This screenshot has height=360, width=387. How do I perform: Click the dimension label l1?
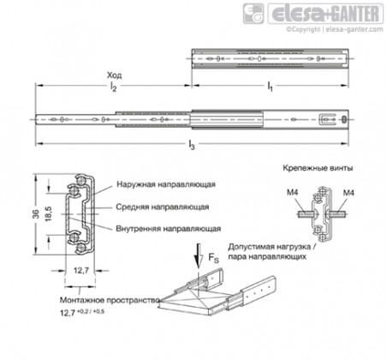[270, 86]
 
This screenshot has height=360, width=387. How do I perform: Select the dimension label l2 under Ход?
[113, 87]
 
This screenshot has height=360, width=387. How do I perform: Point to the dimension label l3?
[192, 145]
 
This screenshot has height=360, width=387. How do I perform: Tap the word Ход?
[114, 75]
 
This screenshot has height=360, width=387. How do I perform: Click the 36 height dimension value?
[36, 214]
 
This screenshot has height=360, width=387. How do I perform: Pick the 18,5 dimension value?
[48, 213]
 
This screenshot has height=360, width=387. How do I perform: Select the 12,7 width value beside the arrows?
[81, 270]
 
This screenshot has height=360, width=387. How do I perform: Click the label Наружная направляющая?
[166, 184]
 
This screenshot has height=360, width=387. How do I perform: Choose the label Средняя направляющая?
[163, 207]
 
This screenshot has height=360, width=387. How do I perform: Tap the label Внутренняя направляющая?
[169, 229]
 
